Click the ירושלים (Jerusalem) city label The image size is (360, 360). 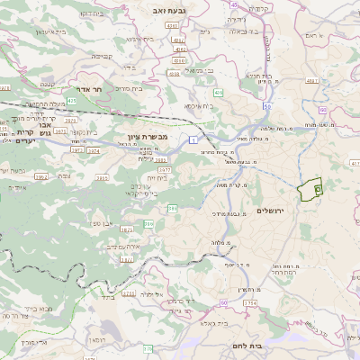pyautogui.click(x=270, y=211)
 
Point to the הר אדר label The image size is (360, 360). pyautogui.click(x=94, y=91)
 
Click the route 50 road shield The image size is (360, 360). pyautogui.click(x=268, y=107)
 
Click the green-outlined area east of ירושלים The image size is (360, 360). pyautogui.click(x=310, y=189)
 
